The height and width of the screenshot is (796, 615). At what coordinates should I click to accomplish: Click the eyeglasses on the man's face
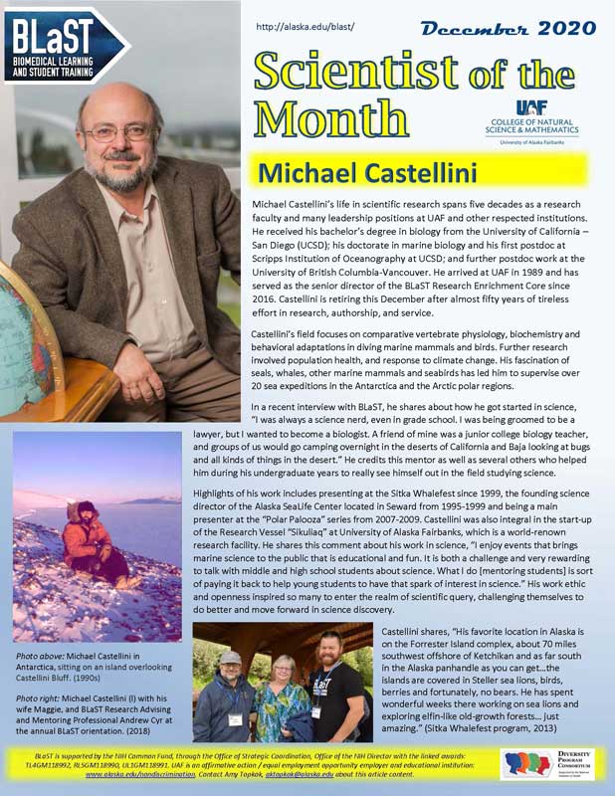click(122, 131)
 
